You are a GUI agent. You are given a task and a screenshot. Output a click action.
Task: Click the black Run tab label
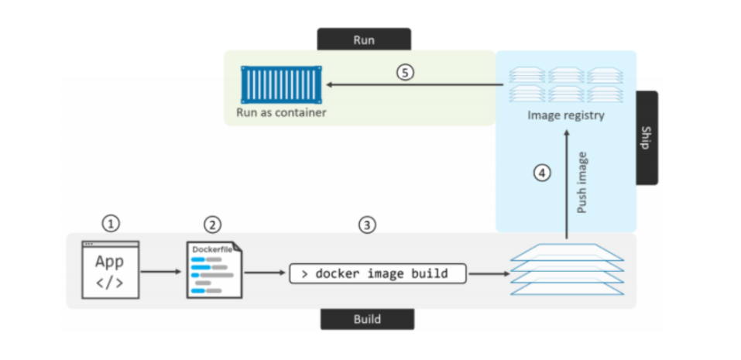point(364,39)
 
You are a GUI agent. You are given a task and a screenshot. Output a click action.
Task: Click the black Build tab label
point(367,319)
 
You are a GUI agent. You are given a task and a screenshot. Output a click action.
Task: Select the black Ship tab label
point(647,138)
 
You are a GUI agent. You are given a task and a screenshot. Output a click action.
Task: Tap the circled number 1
point(111,224)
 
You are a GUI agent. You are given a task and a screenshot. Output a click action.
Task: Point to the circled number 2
point(212,225)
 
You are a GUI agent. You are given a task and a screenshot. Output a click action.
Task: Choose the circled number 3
point(367,225)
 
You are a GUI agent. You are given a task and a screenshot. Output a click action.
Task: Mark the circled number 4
point(543,173)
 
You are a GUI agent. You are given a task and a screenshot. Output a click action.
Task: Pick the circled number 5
point(406,72)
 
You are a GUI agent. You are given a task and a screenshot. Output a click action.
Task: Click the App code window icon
point(110,270)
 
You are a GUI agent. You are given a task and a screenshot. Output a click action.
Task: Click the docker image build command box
point(379,273)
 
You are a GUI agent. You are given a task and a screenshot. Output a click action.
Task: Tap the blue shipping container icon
point(281,85)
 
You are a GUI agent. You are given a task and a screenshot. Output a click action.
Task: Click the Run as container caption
point(281,113)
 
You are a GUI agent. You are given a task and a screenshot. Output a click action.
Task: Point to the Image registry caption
point(565,115)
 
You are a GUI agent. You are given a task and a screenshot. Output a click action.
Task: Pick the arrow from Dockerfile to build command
point(264,273)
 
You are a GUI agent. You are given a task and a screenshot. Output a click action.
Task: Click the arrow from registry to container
point(410,84)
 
